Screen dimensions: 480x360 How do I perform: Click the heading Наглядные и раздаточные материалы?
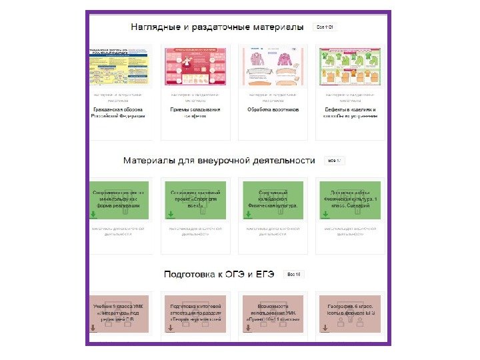tap(217, 27)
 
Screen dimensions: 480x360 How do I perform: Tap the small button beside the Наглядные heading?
tap(325, 27)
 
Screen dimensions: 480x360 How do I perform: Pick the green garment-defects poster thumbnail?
tap(350, 67)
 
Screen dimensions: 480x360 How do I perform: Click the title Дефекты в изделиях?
tap(350, 112)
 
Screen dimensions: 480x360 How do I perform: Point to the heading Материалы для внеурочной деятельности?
tap(219, 161)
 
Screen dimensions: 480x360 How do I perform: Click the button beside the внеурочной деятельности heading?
tap(333, 161)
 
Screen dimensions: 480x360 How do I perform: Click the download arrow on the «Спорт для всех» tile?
tap(171, 215)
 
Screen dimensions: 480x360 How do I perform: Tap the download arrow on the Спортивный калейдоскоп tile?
tap(248, 215)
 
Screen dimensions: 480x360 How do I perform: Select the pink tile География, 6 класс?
tap(350, 312)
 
